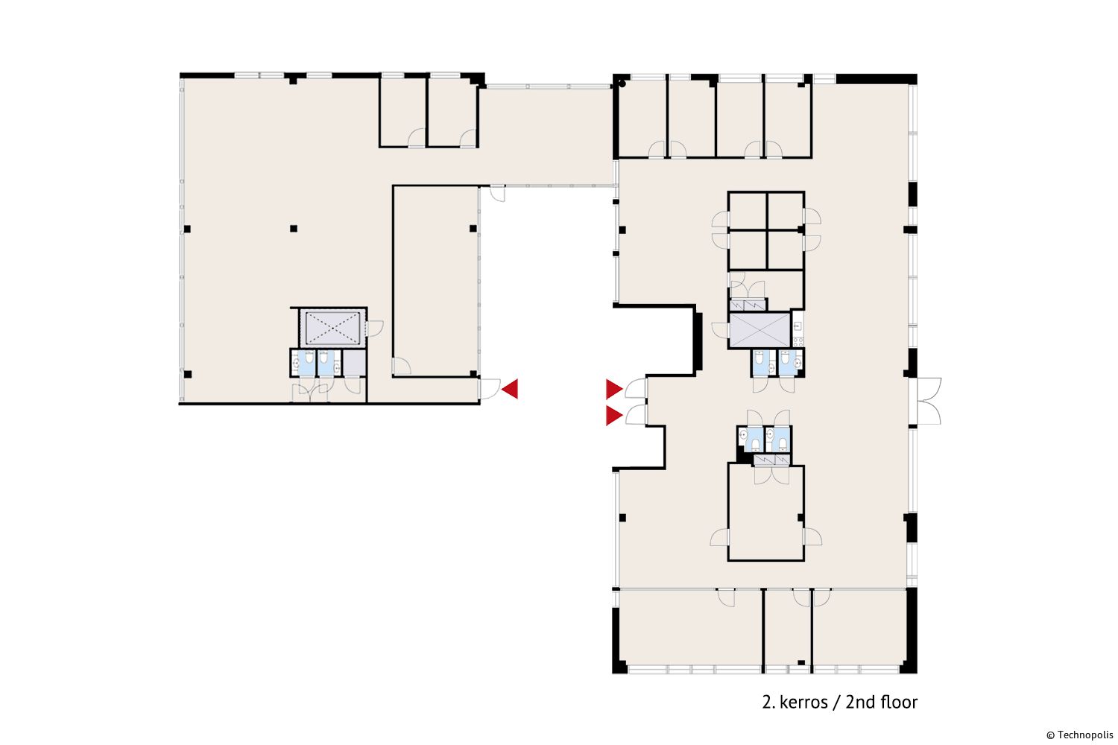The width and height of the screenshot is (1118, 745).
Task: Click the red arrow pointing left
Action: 511,389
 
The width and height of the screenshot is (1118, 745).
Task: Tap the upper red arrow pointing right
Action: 613,389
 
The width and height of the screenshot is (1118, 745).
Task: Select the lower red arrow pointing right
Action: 613,416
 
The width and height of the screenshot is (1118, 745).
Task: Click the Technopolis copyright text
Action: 1079,735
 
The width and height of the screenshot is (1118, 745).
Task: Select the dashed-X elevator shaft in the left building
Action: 332,328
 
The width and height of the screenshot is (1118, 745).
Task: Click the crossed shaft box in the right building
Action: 759,330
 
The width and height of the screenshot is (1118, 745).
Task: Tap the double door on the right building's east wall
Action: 929,402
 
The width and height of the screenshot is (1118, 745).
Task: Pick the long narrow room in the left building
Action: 436,282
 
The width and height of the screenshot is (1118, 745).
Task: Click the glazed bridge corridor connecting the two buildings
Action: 546,136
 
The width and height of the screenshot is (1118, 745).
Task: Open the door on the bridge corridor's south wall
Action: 498,194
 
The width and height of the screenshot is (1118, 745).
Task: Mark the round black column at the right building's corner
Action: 622,84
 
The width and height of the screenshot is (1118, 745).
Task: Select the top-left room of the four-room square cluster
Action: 748,211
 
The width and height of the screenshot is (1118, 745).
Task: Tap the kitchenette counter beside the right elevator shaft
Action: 798,329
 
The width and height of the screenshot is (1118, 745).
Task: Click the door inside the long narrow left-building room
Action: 401,367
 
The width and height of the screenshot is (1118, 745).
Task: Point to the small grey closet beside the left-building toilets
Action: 354,363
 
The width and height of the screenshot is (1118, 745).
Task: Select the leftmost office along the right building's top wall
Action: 642,118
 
